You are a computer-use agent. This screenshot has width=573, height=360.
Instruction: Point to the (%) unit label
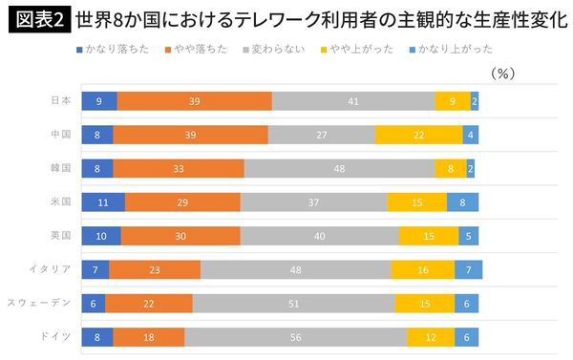click(502, 73)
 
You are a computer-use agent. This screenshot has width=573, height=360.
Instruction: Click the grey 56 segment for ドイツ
click(295, 336)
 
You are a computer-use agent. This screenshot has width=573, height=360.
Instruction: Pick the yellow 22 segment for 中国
click(418, 135)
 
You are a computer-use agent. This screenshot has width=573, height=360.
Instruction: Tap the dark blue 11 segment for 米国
click(103, 202)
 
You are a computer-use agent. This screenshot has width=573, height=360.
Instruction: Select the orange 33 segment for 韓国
click(179, 168)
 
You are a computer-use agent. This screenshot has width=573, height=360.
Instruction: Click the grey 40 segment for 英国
click(319, 236)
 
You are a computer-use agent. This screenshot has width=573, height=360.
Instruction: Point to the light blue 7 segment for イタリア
click(468, 269)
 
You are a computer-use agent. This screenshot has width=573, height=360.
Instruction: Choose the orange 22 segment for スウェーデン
click(149, 303)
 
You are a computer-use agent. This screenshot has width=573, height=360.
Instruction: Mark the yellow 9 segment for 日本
click(452, 101)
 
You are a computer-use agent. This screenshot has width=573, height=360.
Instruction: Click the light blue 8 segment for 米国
click(462, 202)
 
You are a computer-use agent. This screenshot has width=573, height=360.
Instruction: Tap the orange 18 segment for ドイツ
click(149, 336)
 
